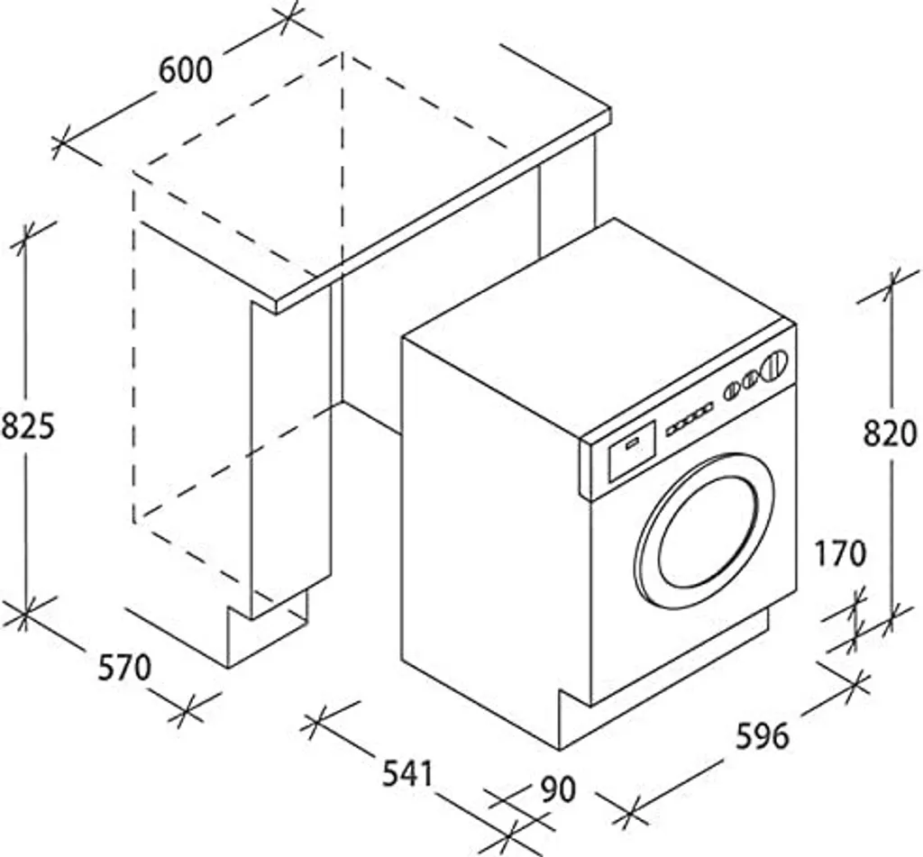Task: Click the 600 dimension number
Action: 187,70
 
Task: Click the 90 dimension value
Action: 558,789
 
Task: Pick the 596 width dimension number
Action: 763,735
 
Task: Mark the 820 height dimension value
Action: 891,433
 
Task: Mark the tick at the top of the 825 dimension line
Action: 26,236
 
